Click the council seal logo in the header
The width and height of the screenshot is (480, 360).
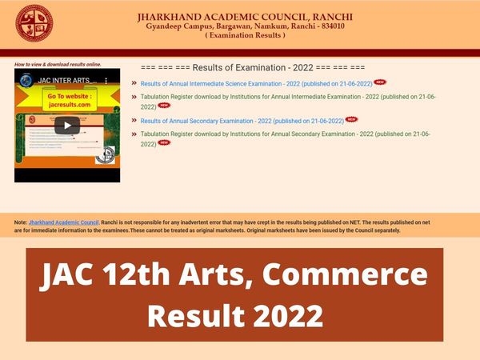click(34, 24)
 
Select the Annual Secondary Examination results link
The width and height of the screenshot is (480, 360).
click(242, 121)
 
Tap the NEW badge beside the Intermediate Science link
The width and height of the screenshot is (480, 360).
click(380, 82)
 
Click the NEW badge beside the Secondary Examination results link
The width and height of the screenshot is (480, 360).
click(351, 120)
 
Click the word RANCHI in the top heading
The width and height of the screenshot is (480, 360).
click(330, 17)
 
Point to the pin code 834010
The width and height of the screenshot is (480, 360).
click(328, 26)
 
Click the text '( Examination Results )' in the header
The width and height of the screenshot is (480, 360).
click(245, 36)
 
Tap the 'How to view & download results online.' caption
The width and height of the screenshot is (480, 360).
click(58, 64)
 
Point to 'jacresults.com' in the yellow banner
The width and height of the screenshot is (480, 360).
click(68, 104)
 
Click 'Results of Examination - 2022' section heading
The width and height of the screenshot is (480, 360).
click(251, 67)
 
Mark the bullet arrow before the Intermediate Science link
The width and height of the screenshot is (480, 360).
click(134, 83)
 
